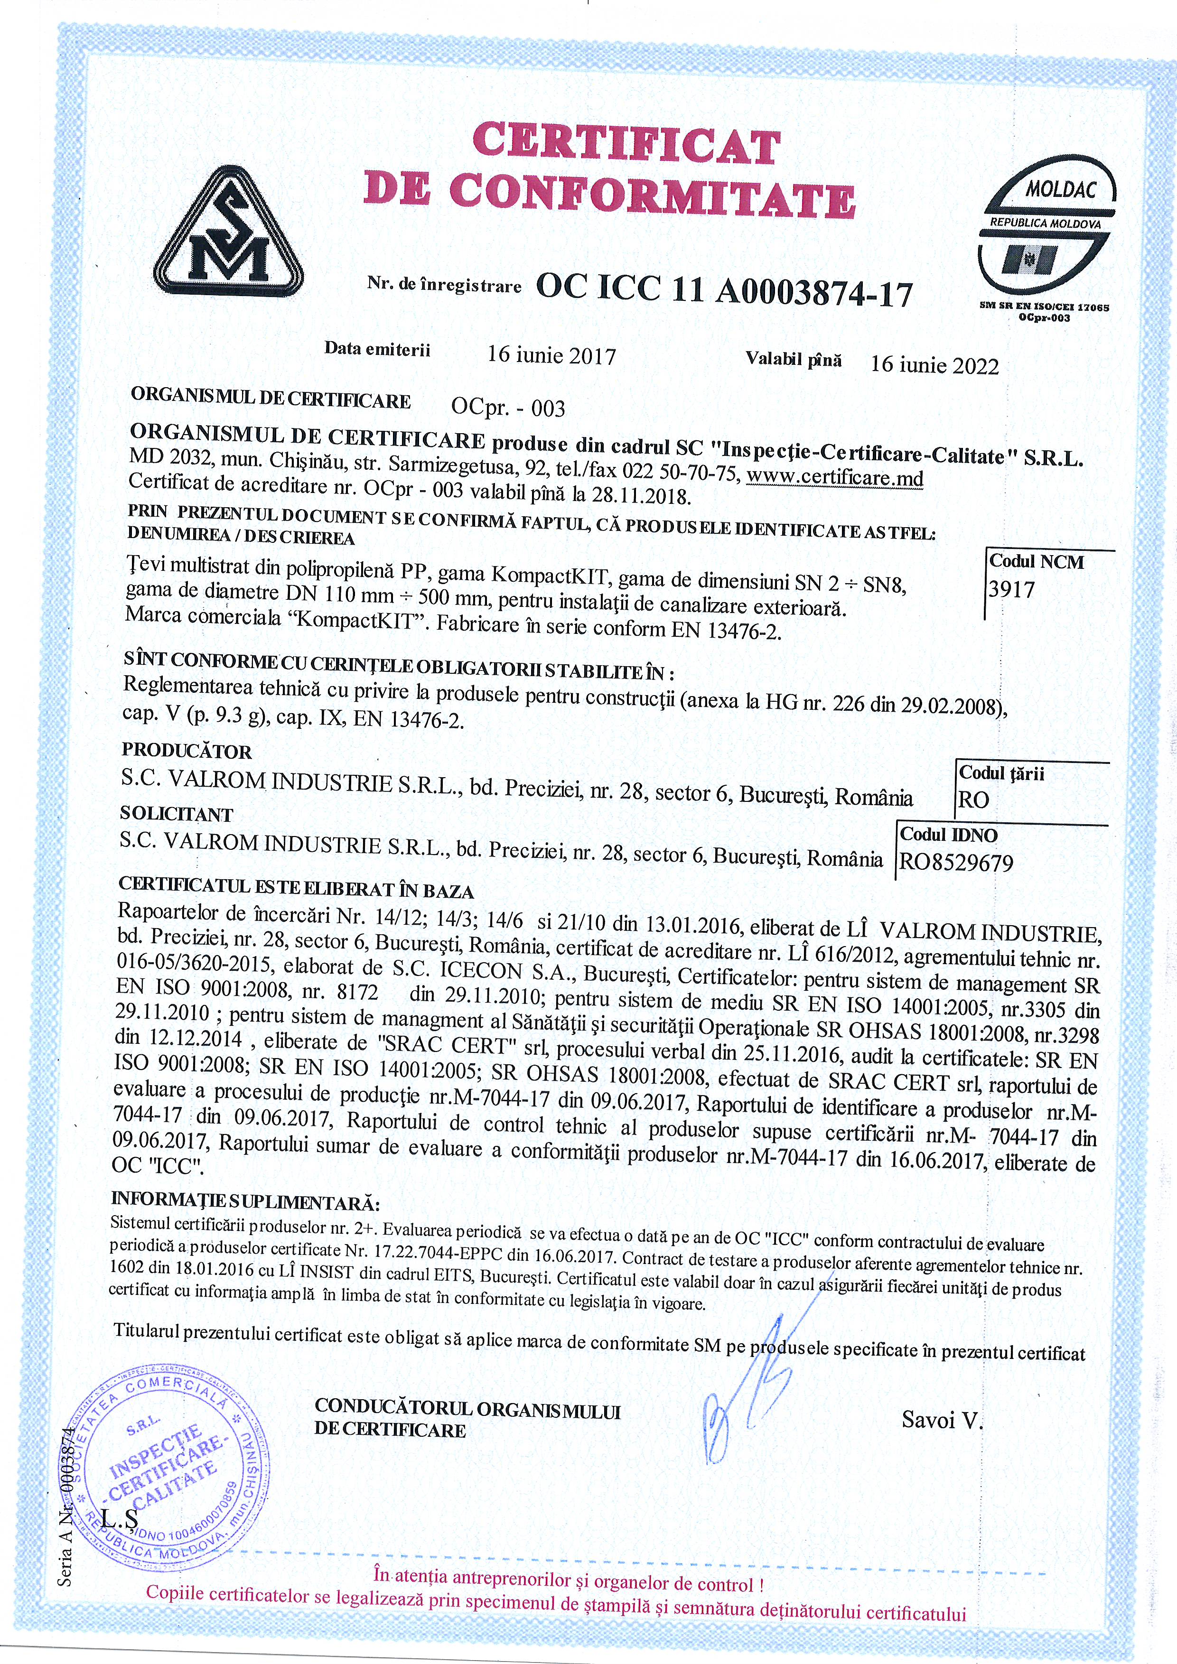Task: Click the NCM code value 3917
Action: [1012, 589]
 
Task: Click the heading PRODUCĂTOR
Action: [187, 752]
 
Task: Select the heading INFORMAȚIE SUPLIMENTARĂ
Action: [245, 1203]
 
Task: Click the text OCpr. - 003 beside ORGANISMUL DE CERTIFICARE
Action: [507, 408]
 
